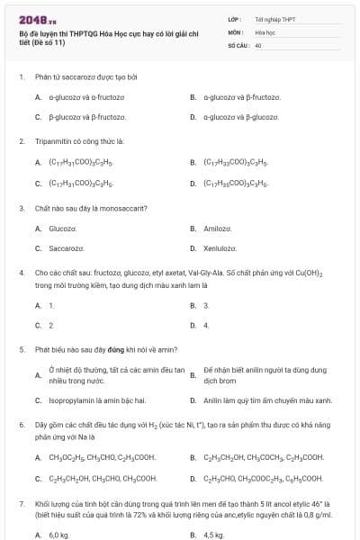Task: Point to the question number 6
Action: [21, 423]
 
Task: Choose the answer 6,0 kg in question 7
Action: [58, 535]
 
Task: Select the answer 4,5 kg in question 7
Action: [213, 535]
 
